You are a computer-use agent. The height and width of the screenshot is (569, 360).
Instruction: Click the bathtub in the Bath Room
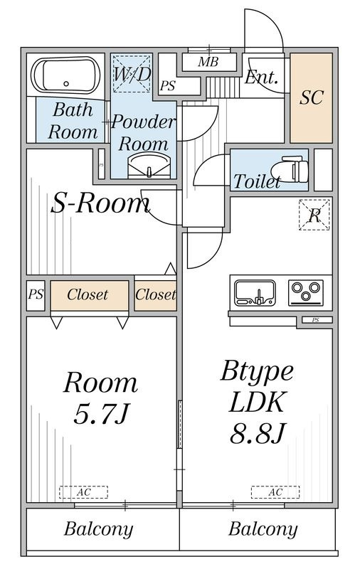click(x=65, y=76)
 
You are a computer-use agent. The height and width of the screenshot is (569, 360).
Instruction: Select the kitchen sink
click(x=255, y=292)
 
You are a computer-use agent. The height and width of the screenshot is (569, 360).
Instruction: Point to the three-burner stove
click(x=305, y=292)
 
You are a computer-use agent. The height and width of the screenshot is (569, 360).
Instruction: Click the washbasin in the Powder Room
click(x=149, y=166)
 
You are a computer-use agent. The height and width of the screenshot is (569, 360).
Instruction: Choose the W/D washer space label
click(x=132, y=74)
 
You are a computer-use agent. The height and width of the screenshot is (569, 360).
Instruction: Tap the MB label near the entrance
click(x=208, y=62)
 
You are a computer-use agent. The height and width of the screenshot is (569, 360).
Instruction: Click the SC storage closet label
click(x=312, y=97)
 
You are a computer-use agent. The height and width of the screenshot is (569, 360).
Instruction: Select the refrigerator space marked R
click(x=314, y=215)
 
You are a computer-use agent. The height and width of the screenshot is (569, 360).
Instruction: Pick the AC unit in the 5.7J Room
click(x=83, y=492)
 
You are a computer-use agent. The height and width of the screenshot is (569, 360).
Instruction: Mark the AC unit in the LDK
click(x=275, y=492)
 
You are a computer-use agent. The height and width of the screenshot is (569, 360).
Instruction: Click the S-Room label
click(x=100, y=203)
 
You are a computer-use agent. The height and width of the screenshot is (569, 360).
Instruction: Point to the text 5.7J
click(x=101, y=413)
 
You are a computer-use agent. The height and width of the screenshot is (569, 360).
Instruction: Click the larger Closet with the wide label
click(x=89, y=295)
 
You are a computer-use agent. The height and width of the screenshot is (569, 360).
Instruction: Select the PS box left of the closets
click(x=36, y=295)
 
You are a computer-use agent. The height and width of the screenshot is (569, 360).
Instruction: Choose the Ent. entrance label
click(x=261, y=78)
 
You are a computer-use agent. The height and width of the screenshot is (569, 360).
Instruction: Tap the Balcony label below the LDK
click(x=263, y=528)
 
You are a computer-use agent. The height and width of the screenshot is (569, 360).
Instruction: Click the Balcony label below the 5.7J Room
click(x=98, y=528)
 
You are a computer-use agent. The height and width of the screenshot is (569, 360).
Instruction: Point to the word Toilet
click(x=257, y=181)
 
